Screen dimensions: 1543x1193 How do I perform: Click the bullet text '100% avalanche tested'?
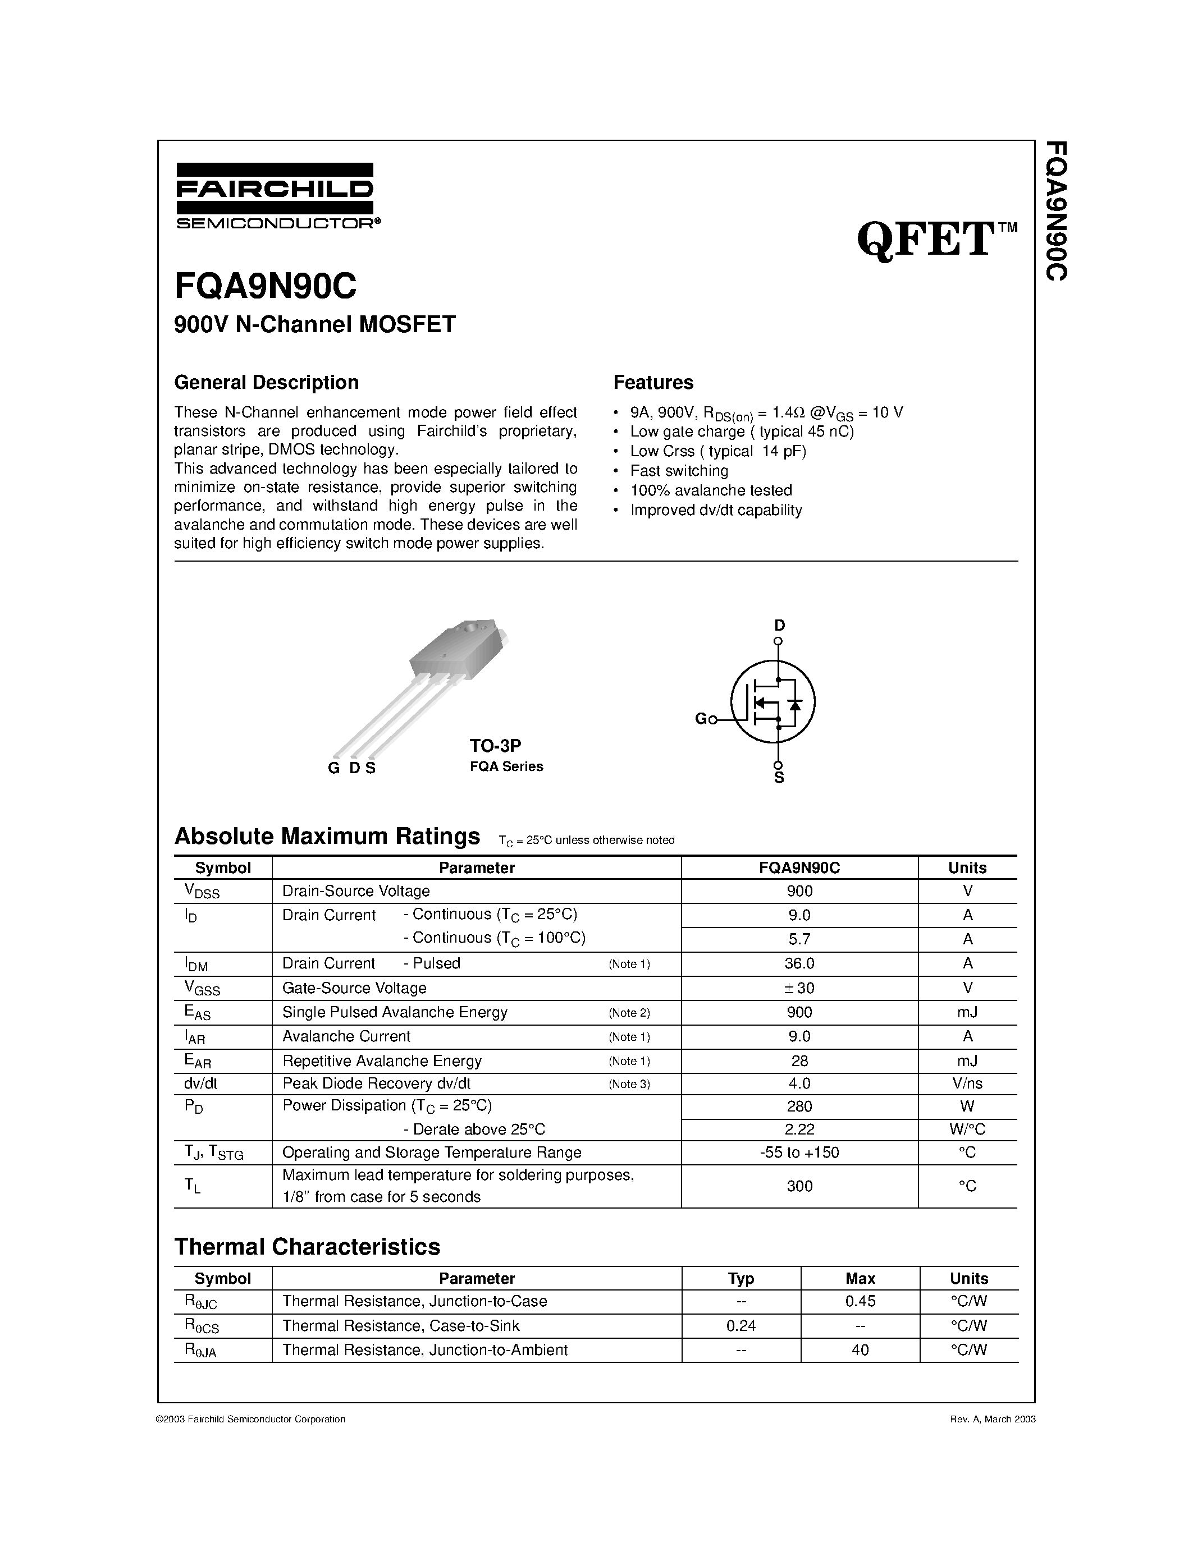tap(710, 490)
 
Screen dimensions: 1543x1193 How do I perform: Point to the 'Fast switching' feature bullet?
tap(679, 471)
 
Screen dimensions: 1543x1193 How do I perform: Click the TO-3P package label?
tap(495, 745)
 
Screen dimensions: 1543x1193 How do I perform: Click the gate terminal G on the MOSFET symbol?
tap(702, 719)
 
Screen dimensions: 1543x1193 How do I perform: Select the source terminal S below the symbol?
tap(779, 777)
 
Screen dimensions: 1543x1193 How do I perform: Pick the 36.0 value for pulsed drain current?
tap(799, 963)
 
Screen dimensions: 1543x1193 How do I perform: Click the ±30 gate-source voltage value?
tap(799, 988)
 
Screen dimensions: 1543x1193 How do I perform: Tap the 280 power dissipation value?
tap(799, 1106)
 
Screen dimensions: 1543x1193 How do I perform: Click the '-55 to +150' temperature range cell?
tap(799, 1152)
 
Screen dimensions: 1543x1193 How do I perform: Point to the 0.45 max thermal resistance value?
tap(860, 1301)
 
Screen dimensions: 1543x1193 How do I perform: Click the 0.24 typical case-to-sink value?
tap(741, 1325)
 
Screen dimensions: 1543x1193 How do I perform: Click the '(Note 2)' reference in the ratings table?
tap(629, 1012)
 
